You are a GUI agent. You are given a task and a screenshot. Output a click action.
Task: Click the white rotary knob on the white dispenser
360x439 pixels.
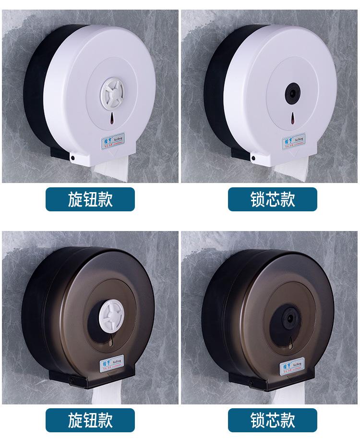tap(113, 90)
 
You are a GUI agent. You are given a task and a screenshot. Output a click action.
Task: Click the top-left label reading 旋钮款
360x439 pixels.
tap(90, 199)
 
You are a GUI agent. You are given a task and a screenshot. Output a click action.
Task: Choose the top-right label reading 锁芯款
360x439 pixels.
tap(273, 199)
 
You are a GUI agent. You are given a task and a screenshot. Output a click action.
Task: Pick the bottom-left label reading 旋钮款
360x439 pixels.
tap(90, 420)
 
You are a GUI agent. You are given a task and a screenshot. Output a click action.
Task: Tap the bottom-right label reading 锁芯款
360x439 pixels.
tap(273, 420)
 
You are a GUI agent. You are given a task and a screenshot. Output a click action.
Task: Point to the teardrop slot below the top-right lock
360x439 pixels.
tap(291, 117)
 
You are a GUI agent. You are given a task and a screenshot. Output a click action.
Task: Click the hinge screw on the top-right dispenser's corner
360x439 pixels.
tap(252, 158)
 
